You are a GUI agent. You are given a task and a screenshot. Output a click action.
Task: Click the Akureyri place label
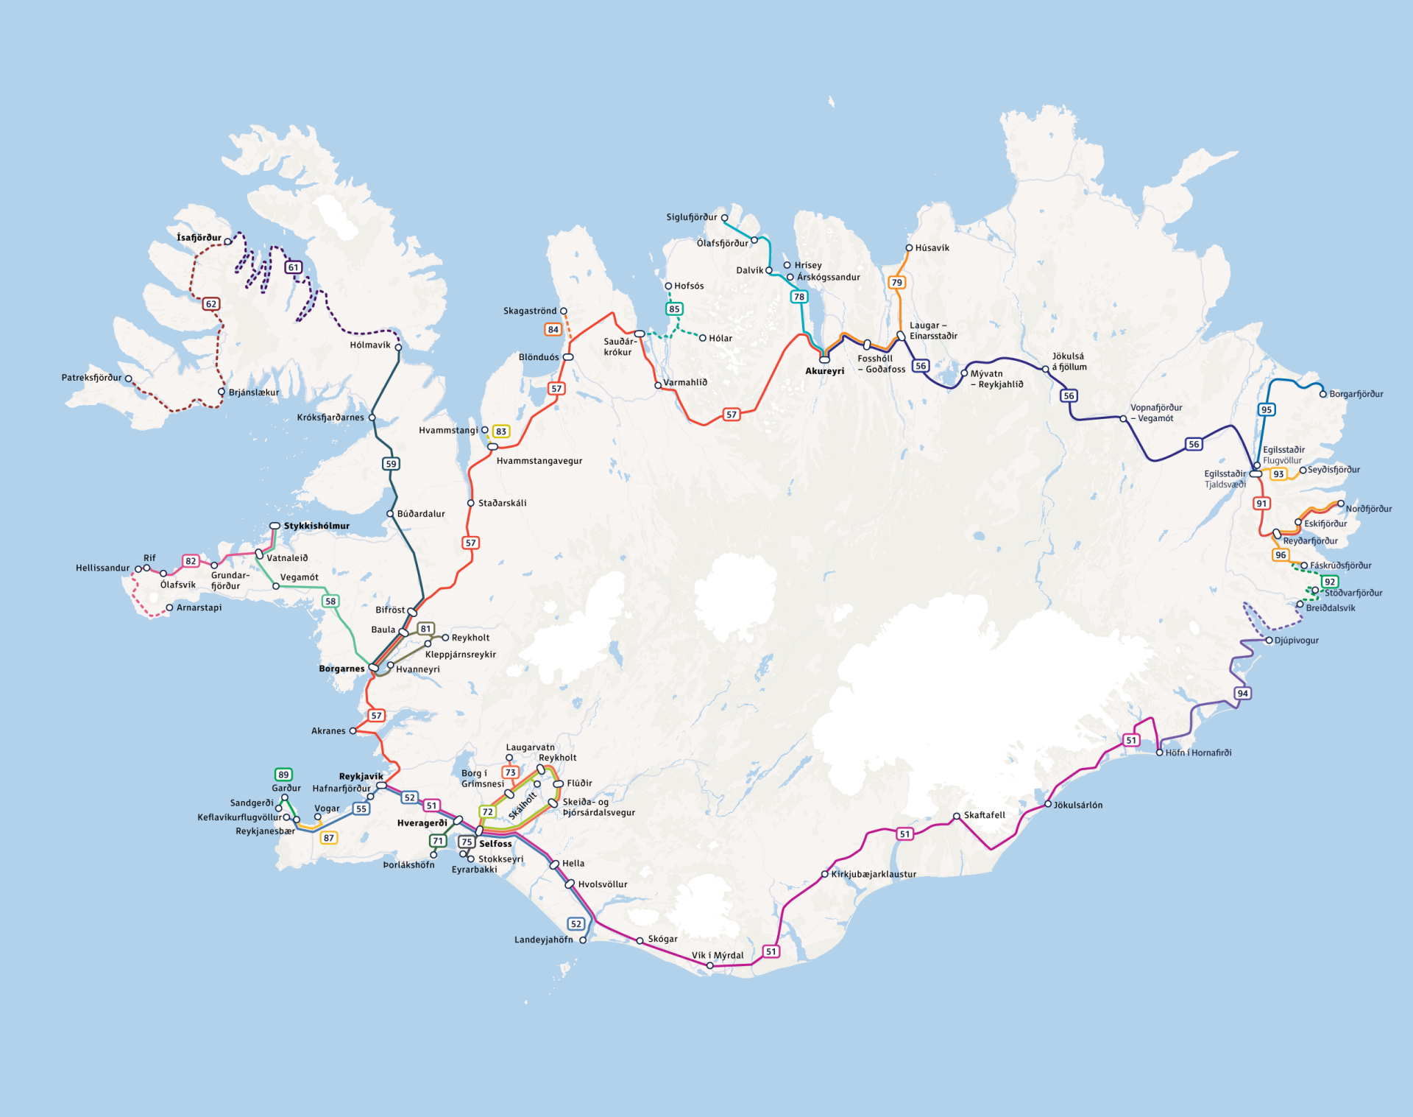(x=824, y=371)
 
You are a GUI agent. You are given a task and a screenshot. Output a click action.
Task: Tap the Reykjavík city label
(x=361, y=776)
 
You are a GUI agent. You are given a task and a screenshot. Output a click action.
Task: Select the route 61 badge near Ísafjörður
(x=294, y=267)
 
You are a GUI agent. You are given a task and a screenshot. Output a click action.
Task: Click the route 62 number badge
(x=211, y=304)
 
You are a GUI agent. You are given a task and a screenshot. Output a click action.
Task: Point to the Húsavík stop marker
(x=909, y=248)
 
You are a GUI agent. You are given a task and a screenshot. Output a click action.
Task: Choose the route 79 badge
(x=896, y=283)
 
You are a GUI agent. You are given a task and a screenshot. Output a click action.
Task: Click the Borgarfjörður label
(x=1356, y=394)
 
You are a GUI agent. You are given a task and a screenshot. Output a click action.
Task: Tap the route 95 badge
(x=1266, y=410)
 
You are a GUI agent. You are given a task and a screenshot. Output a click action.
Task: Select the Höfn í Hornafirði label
(x=1198, y=753)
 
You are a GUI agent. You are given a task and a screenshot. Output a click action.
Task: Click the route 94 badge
(x=1242, y=694)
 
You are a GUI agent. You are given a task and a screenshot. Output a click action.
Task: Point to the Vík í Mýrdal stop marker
(x=709, y=965)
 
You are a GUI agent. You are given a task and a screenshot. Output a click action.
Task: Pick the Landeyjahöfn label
(x=543, y=940)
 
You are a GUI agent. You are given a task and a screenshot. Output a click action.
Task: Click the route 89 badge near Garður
(x=283, y=775)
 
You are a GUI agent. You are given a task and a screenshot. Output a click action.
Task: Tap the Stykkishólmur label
(x=316, y=526)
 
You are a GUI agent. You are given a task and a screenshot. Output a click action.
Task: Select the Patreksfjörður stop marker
(x=129, y=378)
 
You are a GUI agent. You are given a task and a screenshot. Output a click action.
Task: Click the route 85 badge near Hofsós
(x=674, y=309)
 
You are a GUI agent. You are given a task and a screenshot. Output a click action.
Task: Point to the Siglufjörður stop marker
(x=724, y=218)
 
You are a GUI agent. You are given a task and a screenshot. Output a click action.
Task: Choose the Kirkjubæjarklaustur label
(x=874, y=874)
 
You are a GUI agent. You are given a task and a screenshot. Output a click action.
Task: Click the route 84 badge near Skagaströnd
(x=553, y=330)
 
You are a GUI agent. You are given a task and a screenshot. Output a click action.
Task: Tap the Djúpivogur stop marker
(x=1269, y=641)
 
